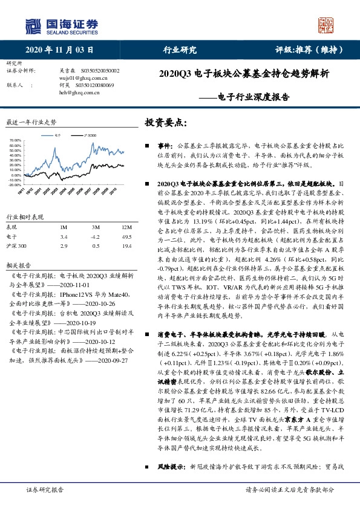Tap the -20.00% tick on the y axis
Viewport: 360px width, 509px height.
pyautogui.click(x=15, y=185)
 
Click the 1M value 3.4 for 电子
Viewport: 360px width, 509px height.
pyautogui.click(x=64, y=236)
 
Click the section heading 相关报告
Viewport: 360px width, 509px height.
pyautogui.click(x=16, y=265)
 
